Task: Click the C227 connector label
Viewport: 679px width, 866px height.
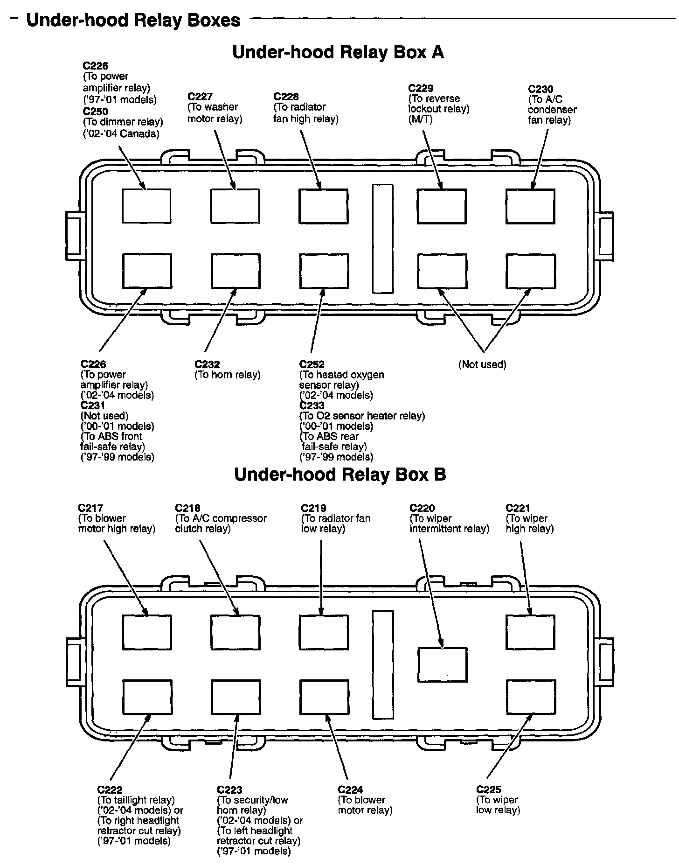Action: (200, 97)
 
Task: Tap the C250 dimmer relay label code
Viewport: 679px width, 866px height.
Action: (95, 112)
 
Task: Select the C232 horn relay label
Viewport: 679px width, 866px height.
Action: (207, 364)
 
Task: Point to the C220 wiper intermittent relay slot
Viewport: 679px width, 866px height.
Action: (442, 664)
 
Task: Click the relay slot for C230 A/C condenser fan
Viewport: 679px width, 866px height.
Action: (530, 206)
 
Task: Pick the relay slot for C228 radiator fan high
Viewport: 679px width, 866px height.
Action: (323, 206)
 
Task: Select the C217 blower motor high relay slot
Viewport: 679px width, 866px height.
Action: (147, 632)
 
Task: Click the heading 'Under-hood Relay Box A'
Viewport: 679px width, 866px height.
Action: (338, 52)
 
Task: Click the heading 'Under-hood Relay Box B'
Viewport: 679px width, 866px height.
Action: (340, 475)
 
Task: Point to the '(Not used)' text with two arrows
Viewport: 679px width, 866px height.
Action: (482, 364)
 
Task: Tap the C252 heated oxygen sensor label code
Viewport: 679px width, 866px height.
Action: (312, 364)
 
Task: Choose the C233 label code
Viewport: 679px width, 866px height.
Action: (312, 405)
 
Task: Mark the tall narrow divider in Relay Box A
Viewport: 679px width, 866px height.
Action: (382, 238)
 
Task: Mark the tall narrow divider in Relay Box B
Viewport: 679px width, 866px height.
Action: (382, 664)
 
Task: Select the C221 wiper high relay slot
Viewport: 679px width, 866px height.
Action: (531, 632)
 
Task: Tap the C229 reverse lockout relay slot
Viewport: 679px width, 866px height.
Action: (441, 206)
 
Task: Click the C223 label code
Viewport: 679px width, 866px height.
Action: (229, 790)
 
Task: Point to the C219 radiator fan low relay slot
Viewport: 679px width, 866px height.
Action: (324, 632)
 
